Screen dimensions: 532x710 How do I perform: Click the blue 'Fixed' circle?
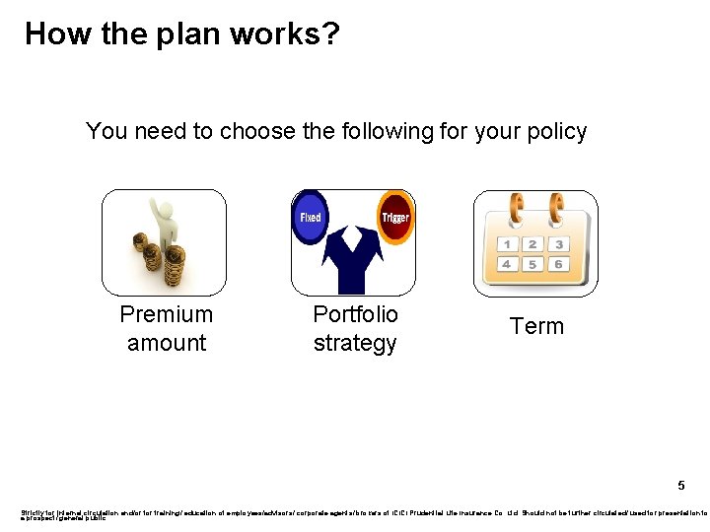(311, 217)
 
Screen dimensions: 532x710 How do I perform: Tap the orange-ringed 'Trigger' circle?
(395, 217)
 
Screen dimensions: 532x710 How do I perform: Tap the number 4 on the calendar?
(506, 265)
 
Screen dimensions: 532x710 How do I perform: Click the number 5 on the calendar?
(532, 265)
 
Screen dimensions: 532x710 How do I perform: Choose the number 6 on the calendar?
(559, 265)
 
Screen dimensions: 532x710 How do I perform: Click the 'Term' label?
(536, 327)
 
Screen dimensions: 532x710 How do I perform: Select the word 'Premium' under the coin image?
(166, 314)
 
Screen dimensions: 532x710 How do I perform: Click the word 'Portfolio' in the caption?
(355, 314)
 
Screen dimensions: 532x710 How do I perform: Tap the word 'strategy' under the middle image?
(355, 343)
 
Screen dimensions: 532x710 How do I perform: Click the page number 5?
(680, 485)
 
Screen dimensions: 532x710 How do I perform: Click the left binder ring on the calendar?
(514, 208)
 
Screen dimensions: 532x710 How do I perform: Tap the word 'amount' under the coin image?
(167, 343)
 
